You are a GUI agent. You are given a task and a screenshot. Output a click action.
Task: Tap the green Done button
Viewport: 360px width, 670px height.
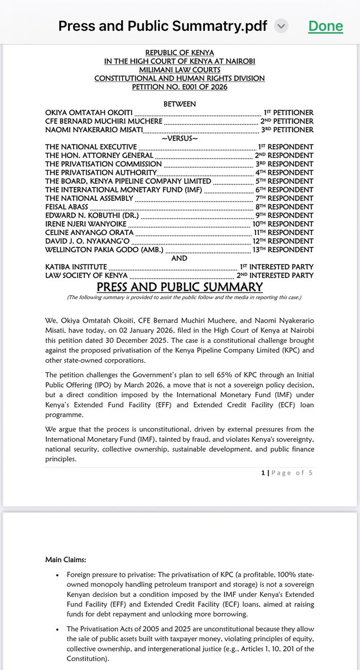click(325, 26)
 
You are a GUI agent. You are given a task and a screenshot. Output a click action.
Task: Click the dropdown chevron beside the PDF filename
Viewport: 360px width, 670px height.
click(281, 26)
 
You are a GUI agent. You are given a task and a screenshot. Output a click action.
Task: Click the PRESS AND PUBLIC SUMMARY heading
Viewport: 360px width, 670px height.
click(179, 287)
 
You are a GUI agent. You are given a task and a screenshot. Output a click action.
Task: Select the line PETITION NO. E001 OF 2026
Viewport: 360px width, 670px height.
click(179, 87)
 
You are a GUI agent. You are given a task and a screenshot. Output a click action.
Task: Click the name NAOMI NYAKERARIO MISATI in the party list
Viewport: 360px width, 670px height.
click(94, 130)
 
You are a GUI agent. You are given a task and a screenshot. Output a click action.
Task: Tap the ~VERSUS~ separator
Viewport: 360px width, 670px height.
click(179, 138)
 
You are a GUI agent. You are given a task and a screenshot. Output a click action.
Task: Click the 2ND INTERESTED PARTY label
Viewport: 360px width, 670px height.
click(276, 275)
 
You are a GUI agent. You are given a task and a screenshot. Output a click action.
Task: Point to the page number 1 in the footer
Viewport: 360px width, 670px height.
click(263, 472)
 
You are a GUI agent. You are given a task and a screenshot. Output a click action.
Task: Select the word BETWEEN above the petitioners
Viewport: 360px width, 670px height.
click(179, 104)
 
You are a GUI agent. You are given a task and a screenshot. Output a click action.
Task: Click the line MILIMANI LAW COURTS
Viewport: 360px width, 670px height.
click(179, 70)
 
